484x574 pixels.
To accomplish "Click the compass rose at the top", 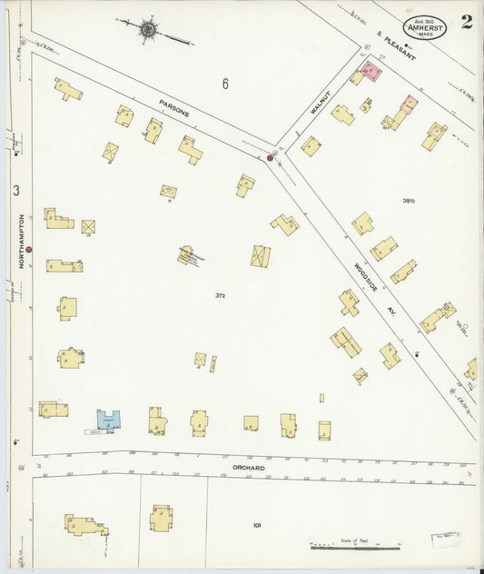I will pos(149,30).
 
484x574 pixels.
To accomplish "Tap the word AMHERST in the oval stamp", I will pos(426,27).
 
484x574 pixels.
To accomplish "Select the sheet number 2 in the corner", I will pos(466,22).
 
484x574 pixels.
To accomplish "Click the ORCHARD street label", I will pos(247,468).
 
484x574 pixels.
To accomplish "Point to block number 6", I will pos(224,84).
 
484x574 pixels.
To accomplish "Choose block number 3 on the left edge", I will pos(16,191).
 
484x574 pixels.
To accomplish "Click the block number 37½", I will pos(220,294).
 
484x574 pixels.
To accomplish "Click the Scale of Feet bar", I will pos(355,546).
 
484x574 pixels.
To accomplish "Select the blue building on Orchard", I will pos(109,420).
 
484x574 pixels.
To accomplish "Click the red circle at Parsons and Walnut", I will pos(270,158).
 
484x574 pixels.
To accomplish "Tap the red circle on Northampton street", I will pos(29,248).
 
